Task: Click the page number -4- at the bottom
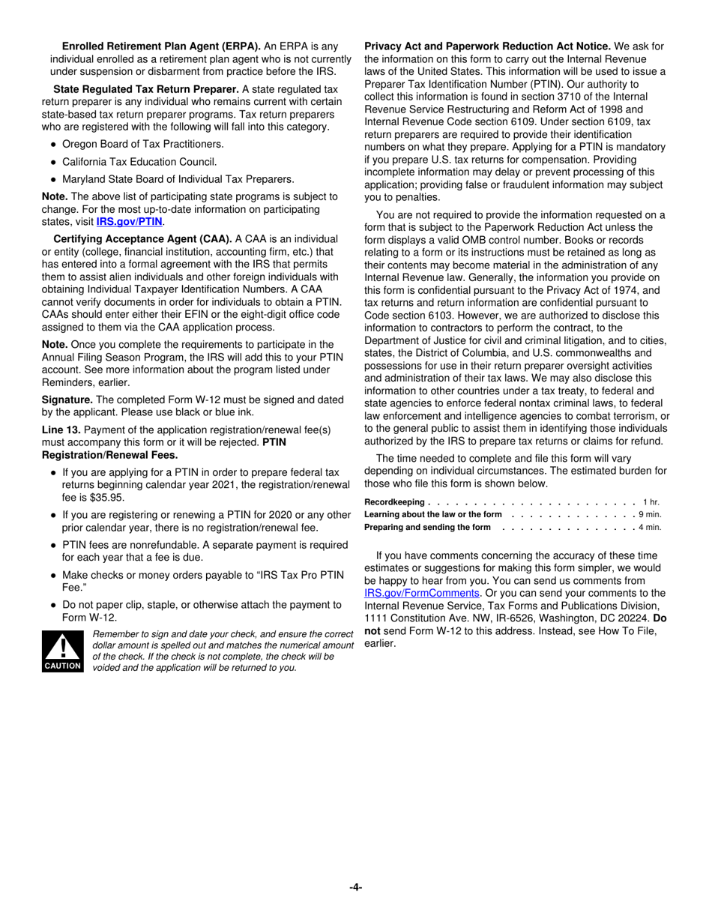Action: [355, 888]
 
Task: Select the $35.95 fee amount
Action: [106, 498]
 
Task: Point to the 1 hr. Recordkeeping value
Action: [651, 501]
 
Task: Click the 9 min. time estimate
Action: [649, 514]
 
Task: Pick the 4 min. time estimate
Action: [649, 527]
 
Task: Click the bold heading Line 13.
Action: [61, 430]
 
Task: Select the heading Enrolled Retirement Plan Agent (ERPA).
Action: [161, 46]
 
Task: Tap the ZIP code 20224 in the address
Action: [636, 618]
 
